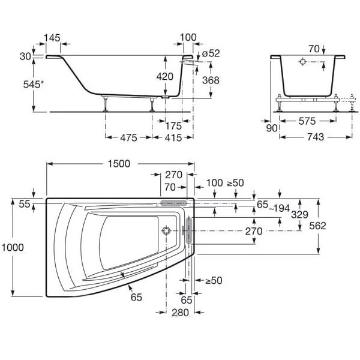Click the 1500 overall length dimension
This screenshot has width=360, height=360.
119,164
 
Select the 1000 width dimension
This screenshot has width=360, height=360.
13,247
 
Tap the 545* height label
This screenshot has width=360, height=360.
33,85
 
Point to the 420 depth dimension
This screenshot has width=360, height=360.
165,76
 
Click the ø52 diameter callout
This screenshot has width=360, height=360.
211,53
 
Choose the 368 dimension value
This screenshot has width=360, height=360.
211,80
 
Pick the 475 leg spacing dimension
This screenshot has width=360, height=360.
128,138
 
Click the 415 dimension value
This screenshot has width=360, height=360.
173,138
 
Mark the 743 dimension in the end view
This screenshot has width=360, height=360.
316,137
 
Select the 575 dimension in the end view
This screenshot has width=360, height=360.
307,121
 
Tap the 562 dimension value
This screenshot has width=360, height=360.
317,226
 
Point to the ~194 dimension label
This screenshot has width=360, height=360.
279,208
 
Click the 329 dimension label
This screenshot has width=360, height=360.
299,215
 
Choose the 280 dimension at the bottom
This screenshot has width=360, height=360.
180,313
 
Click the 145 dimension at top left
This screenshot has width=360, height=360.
52,38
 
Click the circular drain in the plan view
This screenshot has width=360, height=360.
166,230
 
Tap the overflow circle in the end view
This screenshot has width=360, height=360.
302,62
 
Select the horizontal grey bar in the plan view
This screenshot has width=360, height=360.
173,203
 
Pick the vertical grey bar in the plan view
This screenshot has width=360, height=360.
189,230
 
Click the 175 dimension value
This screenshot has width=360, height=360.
173,125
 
